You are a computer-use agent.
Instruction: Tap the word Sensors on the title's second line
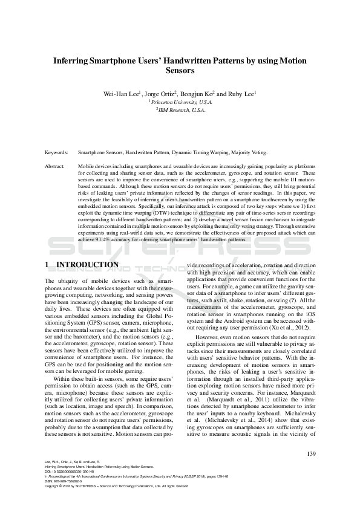click(x=180, y=71)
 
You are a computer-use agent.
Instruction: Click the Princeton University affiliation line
click(x=180, y=103)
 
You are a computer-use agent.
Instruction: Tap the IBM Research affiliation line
click(x=180, y=111)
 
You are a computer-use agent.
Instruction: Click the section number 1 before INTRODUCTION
click(x=48, y=265)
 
